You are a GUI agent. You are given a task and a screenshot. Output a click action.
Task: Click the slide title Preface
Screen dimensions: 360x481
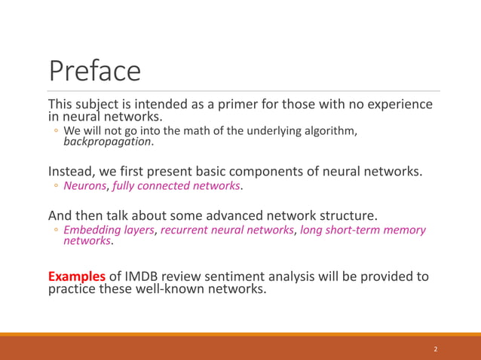coord(95,71)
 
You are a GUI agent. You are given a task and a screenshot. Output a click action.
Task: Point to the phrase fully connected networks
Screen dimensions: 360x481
coord(176,186)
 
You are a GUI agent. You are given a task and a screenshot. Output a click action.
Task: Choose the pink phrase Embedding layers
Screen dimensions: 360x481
coord(109,230)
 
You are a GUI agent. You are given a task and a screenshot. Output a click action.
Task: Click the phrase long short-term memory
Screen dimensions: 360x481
coord(363,230)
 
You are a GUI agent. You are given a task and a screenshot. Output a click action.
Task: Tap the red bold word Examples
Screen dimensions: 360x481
coord(77,276)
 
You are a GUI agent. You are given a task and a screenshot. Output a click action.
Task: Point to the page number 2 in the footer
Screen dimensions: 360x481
coord(435,349)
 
